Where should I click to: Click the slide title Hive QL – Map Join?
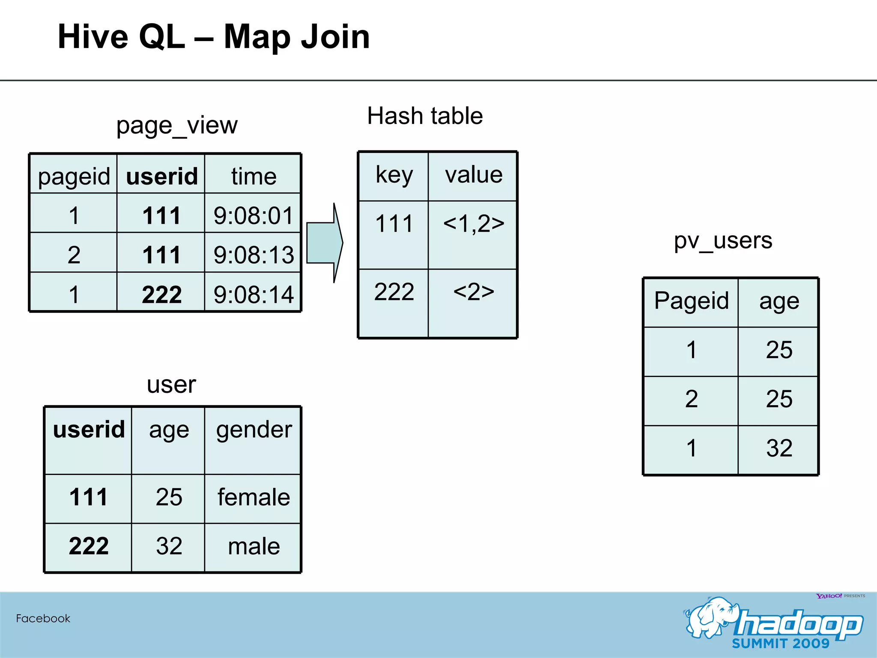214,37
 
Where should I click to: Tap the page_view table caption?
177,126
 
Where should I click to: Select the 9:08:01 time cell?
254,215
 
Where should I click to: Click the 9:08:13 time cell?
254,255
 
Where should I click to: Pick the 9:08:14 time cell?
254,294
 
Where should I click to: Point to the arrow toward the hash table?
325,243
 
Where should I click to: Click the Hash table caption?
425,116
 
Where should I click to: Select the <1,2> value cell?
474,224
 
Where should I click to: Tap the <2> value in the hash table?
474,292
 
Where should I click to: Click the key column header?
394,175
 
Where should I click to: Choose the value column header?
474,175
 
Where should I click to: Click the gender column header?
254,430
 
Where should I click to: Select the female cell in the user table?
254,497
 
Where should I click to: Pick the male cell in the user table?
254,546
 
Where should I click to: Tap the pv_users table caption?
723,240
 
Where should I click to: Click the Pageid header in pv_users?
691,301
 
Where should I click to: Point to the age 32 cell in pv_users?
779,449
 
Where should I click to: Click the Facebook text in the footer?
43,619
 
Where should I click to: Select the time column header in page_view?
254,176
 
